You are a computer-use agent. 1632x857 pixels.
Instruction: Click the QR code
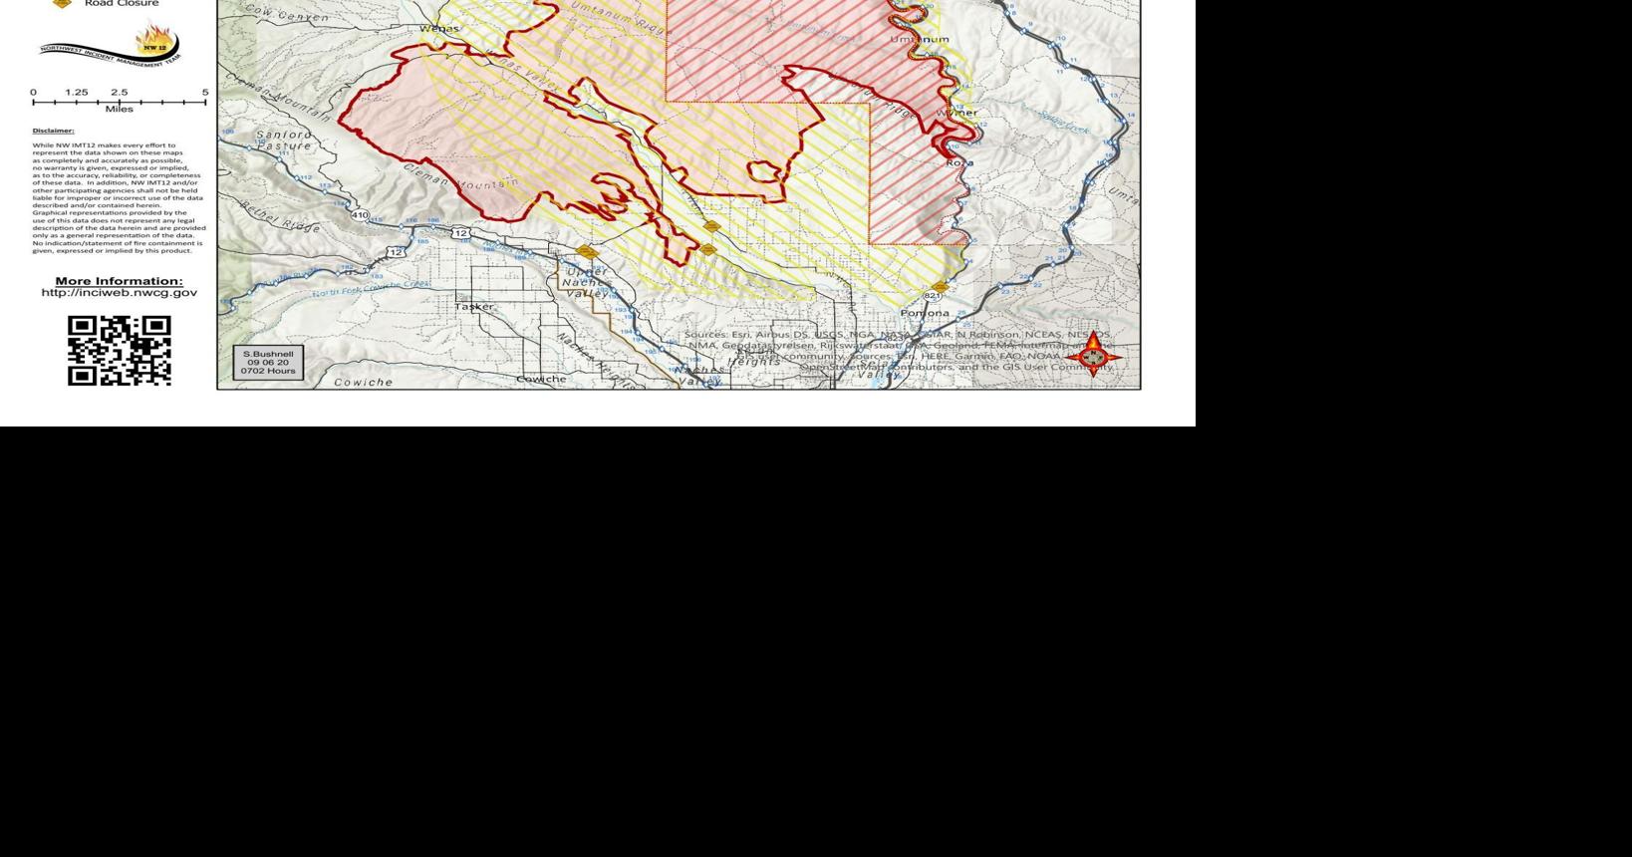coord(120,351)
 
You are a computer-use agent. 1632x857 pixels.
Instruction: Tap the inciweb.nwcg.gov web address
coord(120,293)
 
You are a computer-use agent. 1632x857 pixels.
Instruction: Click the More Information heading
coord(120,281)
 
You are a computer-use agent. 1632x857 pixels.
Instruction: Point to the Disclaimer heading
coord(53,131)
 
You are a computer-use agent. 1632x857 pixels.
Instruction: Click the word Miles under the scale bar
coord(119,109)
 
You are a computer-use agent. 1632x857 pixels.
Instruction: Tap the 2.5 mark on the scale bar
coord(119,93)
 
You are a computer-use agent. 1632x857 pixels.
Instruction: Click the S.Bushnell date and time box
coord(268,362)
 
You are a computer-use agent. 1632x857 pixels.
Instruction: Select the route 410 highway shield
coord(360,215)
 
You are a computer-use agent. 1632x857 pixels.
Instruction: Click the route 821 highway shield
coord(933,296)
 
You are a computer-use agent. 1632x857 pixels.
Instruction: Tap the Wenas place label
coord(439,29)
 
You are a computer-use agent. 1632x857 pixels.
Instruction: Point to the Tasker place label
coord(474,307)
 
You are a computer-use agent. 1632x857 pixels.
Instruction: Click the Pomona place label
coord(925,313)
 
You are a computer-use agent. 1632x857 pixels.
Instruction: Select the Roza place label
coord(958,162)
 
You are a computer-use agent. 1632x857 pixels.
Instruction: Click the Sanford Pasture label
coord(284,141)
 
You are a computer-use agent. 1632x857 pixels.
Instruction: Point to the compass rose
coord(1093,356)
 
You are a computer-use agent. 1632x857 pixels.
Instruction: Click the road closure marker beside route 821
coord(942,287)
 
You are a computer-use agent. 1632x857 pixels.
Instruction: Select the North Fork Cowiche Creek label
coord(371,288)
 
